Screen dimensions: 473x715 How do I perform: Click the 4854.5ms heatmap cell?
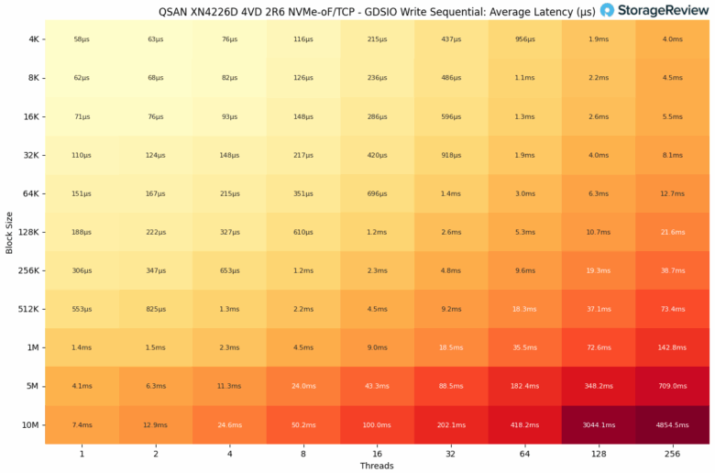click(672, 425)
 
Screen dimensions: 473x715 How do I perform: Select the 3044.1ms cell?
click(599, 425)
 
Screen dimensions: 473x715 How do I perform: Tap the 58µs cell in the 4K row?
click(82, 39)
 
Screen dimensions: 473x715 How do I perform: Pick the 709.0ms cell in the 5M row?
click(672, 387)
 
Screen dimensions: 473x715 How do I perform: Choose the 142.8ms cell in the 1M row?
click(672, 348)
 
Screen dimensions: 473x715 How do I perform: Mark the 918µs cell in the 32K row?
click(451, 156)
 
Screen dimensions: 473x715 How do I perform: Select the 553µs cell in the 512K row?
click(82, 310)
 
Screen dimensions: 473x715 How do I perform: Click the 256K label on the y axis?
click(27, 271)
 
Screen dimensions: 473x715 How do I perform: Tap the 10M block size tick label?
click(29, 425)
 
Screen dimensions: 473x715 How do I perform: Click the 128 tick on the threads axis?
click(599, 453)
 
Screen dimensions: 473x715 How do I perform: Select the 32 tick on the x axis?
click(451, 453)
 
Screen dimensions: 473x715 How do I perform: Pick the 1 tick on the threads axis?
click(82, 453)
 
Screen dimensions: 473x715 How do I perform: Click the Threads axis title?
click(377, 466)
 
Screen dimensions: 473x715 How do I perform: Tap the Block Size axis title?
click(8, 233)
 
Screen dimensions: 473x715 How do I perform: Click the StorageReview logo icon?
click(607, 10)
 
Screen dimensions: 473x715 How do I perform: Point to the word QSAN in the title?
click(176, 10)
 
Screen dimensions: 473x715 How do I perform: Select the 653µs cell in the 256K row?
click(230, 271)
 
